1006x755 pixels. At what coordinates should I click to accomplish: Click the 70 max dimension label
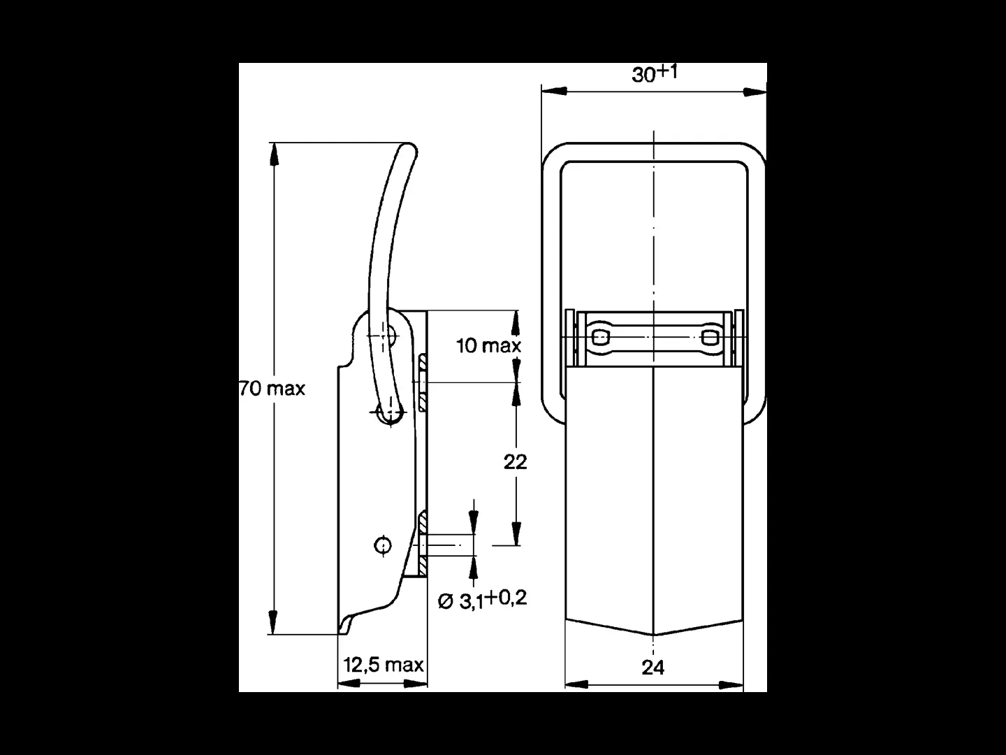(x=272, y=389)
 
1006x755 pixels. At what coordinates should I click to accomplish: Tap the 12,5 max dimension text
(x=383, y=664)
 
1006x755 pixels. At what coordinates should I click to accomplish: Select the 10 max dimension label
(x=488, y=345)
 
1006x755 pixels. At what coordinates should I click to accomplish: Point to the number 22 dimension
(x=515, y=462)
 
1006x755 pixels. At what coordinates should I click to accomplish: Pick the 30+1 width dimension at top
(x=654, y=73)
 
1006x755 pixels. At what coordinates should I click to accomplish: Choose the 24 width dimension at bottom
(x=653, y=668)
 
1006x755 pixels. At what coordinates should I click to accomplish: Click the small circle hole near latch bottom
(x=383, y=545)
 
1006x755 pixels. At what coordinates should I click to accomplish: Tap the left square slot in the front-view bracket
(x=600, y=338)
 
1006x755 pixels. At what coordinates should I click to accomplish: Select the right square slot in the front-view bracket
(x=709, y=338)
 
